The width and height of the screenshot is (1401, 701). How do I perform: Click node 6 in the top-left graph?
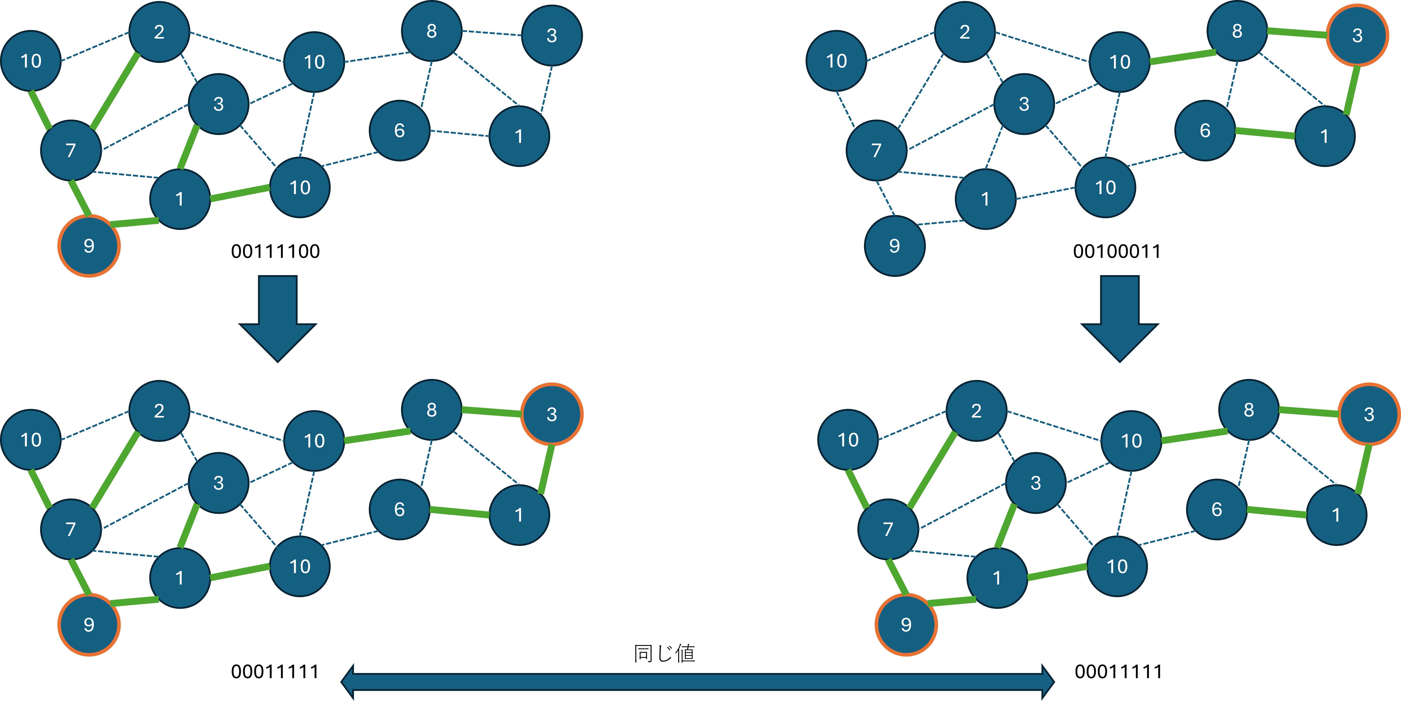(x=399, y=130)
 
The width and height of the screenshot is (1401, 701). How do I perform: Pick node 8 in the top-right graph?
(x=1237, y=31)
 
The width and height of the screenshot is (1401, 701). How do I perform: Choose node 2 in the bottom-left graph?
(x=159, y=411)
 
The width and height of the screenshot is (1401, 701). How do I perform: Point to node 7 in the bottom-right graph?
(x=888, y=529)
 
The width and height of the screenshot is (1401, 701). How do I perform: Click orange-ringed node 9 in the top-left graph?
(x=89, y=246)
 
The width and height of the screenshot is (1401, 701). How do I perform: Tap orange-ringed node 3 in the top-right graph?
(x=1357, y=35)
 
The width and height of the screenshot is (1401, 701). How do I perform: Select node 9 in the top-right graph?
(x=894, y=246)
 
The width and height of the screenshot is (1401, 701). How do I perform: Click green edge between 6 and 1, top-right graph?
(x=1265, y=133)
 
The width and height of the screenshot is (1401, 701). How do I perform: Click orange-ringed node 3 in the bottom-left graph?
(x=552, y=414)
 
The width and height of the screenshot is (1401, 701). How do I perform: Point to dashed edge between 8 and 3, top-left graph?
(x=492, y=33)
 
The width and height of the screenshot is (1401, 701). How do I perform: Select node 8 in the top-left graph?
(x=431, y=31)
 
